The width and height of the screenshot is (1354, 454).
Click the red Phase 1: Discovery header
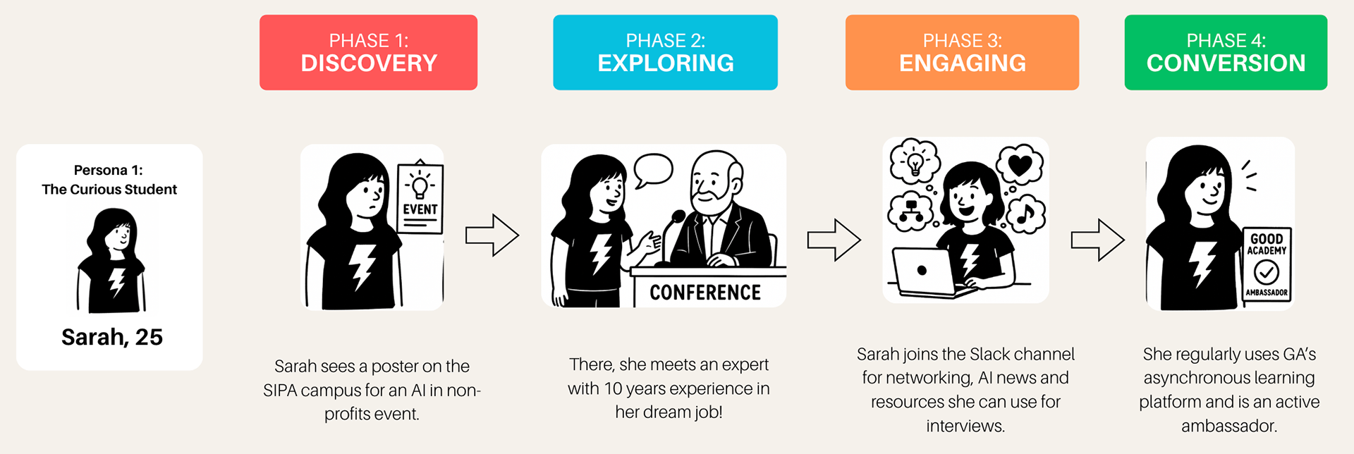pyautogui.click(x=368, y=52)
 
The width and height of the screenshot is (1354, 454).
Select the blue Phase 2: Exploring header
pyautogui.click(x=665, y=52)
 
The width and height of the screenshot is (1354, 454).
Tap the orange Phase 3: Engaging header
pyautogui.click(x=962, y=52)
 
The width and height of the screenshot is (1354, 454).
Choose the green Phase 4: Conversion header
pyautogui.click(x=1226, y=52)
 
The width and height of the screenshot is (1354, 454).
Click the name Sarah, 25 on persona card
pyautogui.click(x=111, y=337)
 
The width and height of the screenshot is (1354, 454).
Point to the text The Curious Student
pyautogui.click(x=109, y=189)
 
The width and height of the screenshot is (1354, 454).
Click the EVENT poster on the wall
pyautogui.click(x=420, y=198)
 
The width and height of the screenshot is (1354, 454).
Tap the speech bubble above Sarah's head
pyautogui.click(x=653, y=170)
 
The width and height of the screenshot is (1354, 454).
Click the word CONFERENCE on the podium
pyautogui.click(x=705, y=293)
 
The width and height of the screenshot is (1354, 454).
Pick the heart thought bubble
pyautogui.click(x=1020, y=166)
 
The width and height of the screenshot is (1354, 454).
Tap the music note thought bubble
pyautogui.click(x=1026, y=214)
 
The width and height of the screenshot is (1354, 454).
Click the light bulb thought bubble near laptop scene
pyautogui.click(x=915, y=161)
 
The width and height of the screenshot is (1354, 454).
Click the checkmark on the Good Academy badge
pyautogui.click(x=1267, y=272)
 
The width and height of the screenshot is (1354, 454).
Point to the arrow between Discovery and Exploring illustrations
pyautogui.click(x=492, y=235)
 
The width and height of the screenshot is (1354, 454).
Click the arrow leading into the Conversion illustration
pyautogui.click(x=1097, y=240)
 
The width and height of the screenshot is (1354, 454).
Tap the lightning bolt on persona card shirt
pyautogui.click(x=116, y=282)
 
